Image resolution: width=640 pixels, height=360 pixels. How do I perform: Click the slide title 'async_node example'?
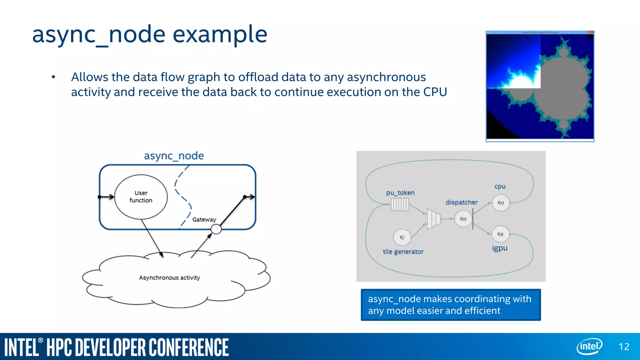coord(150,34)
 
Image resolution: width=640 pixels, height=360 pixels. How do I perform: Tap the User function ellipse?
coord(141,197)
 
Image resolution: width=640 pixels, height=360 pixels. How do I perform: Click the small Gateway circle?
coord(216,229)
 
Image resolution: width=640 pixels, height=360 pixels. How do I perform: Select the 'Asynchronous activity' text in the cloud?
coord(169,277)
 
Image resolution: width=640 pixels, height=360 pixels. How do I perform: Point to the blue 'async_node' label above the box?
coord(174,156)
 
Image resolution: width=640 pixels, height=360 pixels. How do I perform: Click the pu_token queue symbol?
coord(400,205)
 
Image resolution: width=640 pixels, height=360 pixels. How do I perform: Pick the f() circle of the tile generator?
coord(402,237)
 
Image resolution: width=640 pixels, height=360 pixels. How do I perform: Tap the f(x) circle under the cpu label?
coord(501,203)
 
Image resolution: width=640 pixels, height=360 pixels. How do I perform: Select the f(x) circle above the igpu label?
coord(500,234)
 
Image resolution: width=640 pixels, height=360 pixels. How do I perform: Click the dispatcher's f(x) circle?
coord(463,219)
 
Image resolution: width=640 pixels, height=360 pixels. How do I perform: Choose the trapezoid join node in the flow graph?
coord(433,219)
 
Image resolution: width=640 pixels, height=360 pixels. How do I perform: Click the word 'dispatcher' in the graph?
coord(462,202)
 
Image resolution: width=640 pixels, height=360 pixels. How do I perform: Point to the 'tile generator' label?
coord(403,252)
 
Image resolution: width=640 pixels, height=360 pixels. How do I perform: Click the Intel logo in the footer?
coord(589,346)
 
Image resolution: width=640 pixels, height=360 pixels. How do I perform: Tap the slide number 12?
coord(624,347)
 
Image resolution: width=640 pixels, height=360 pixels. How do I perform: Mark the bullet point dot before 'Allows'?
coord(53,77)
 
